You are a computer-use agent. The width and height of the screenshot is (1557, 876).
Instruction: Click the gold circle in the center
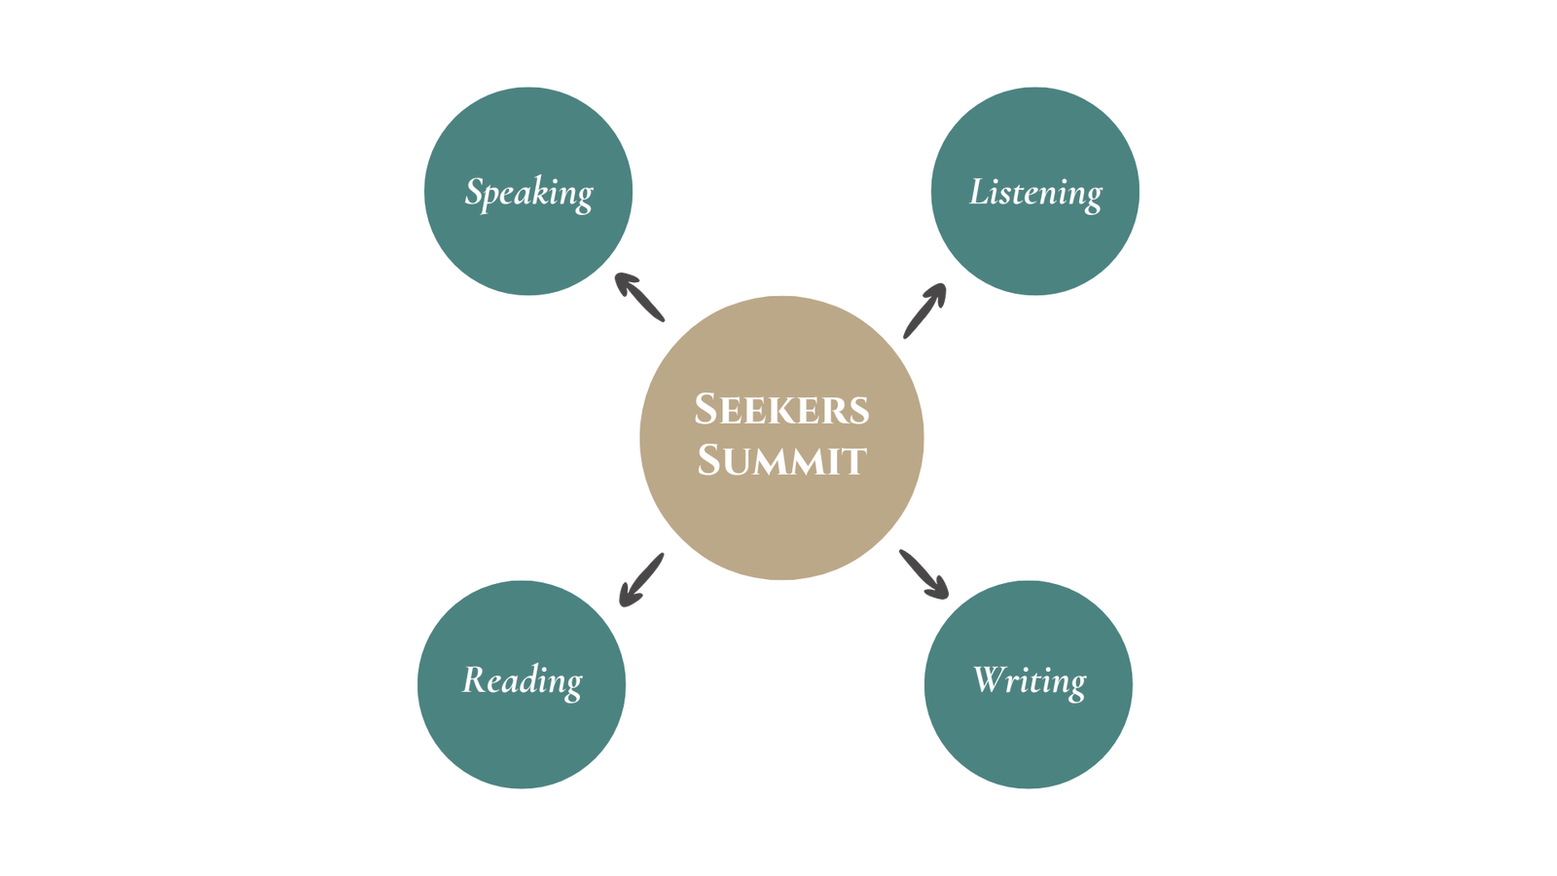pyautogui.click(x=781, y=526)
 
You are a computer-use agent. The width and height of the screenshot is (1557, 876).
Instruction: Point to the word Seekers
pyautogui.click(x=781, y=410)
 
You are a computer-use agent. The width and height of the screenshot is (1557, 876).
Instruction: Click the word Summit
pyautogui.click(x=781, y=460)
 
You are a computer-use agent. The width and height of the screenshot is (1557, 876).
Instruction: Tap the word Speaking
pyautogui.click(x=528, y=193)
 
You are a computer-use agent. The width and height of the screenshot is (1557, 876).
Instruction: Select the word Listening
pyautogui.click(x=1035, y=193)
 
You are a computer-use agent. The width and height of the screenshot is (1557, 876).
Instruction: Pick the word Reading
pyautogui.click(x=523, y=680)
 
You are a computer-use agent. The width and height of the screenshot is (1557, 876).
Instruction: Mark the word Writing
pyautogui.click(x=1029, y=680)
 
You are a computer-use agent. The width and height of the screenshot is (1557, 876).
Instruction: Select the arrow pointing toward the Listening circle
pyautogui.click(x=924, y=310)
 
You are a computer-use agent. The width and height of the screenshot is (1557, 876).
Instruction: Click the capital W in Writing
pyautogui.click(x=991, y=678)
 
